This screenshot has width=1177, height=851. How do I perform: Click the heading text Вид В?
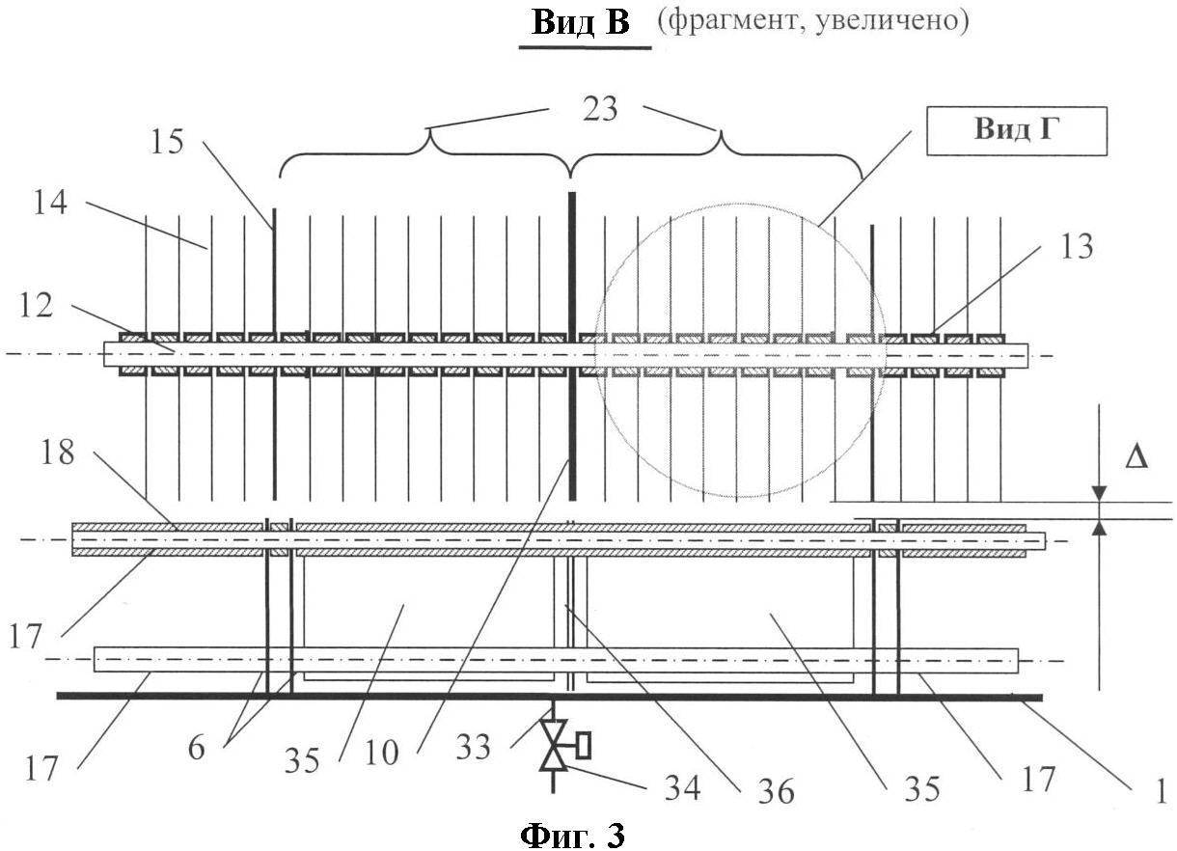coord(581,23)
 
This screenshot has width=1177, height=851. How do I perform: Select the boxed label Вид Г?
coord(1016,131)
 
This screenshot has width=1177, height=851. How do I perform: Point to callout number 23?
coord(600,110)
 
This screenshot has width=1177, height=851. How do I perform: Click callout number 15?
coord(167,142)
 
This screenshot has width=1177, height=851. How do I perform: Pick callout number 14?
coord(50,203)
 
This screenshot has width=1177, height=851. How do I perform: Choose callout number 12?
coord(37,304)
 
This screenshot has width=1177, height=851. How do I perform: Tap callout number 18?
coord(57,452)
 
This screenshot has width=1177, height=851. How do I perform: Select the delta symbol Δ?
coord(1136,458)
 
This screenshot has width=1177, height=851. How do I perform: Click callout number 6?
coord(196,748)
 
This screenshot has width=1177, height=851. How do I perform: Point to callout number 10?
coord(381,754)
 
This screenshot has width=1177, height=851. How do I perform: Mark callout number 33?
coord(473,747)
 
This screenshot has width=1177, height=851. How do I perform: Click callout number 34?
coord(682,788)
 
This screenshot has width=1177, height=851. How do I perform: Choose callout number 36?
coord(776,792)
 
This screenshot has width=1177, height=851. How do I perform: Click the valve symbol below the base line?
coord(553,745)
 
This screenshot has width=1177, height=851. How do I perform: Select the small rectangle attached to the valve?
coord(583,745)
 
